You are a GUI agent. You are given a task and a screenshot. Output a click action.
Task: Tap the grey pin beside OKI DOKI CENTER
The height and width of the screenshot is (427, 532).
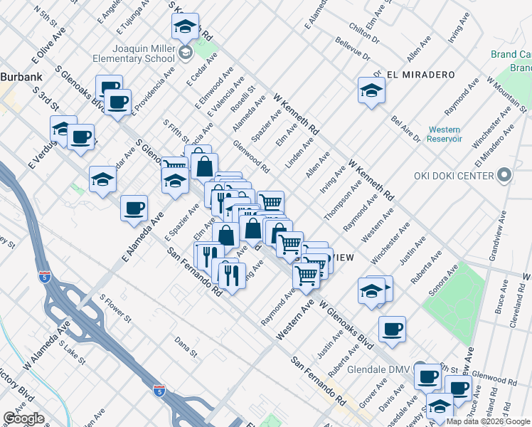coord(504,174)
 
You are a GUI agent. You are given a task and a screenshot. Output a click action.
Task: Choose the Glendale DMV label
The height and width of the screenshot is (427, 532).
coord(381,370)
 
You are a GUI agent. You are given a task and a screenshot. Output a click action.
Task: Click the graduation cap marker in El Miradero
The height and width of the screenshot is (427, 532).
coord(372,90)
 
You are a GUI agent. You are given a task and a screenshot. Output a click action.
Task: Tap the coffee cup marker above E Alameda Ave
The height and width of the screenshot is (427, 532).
coord(134,209)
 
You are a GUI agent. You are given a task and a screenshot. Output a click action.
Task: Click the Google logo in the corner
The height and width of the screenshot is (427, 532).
coord(24,418)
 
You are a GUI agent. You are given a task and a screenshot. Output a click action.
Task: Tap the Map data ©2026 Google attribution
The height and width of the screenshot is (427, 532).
coord(487,421)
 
